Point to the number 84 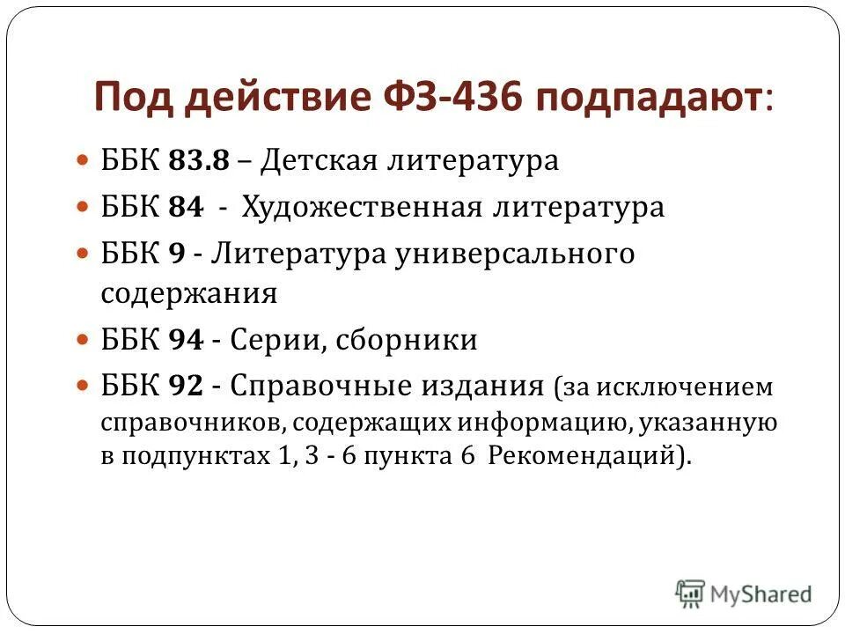185,208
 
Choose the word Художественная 362,208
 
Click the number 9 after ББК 176,254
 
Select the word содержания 189,293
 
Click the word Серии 276,341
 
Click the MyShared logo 744,593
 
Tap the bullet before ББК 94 84,339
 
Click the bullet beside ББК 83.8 84,161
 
